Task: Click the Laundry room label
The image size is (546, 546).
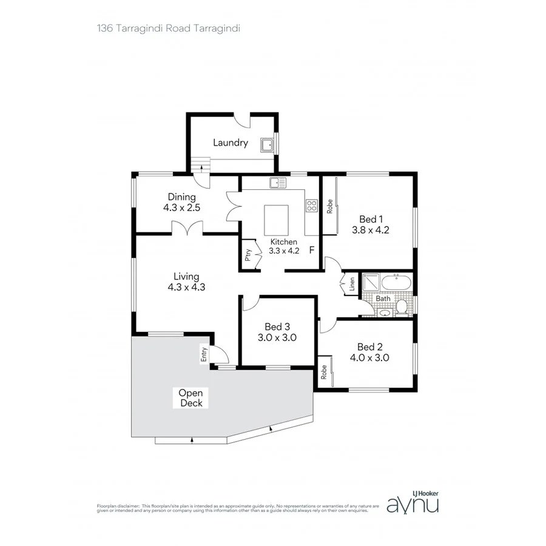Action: pyautogui.click(x=230, y=143)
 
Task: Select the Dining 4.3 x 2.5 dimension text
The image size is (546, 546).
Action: pyautogui.click(x=181, y=207)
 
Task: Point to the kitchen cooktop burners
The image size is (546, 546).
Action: pyautogui.click(x=312, y=206)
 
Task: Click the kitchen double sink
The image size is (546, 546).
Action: pyautogui.click(x=278, y=182)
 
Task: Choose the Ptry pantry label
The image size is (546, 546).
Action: pyautogui.click(x=248, y=255)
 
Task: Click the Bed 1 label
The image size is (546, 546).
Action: pyautogui.click(x=369, y=219)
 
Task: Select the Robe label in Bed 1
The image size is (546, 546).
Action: pyautogui.click(x=330, y=206)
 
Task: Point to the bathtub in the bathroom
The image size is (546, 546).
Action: pyautogui.click(x=395, y=282)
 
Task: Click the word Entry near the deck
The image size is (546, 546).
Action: pyautogui.click(x=204, y=355)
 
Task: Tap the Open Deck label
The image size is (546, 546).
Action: pyautogui.click(x=191, y=397)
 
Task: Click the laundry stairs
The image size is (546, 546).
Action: pyautogui.click(x=200, y=164)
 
